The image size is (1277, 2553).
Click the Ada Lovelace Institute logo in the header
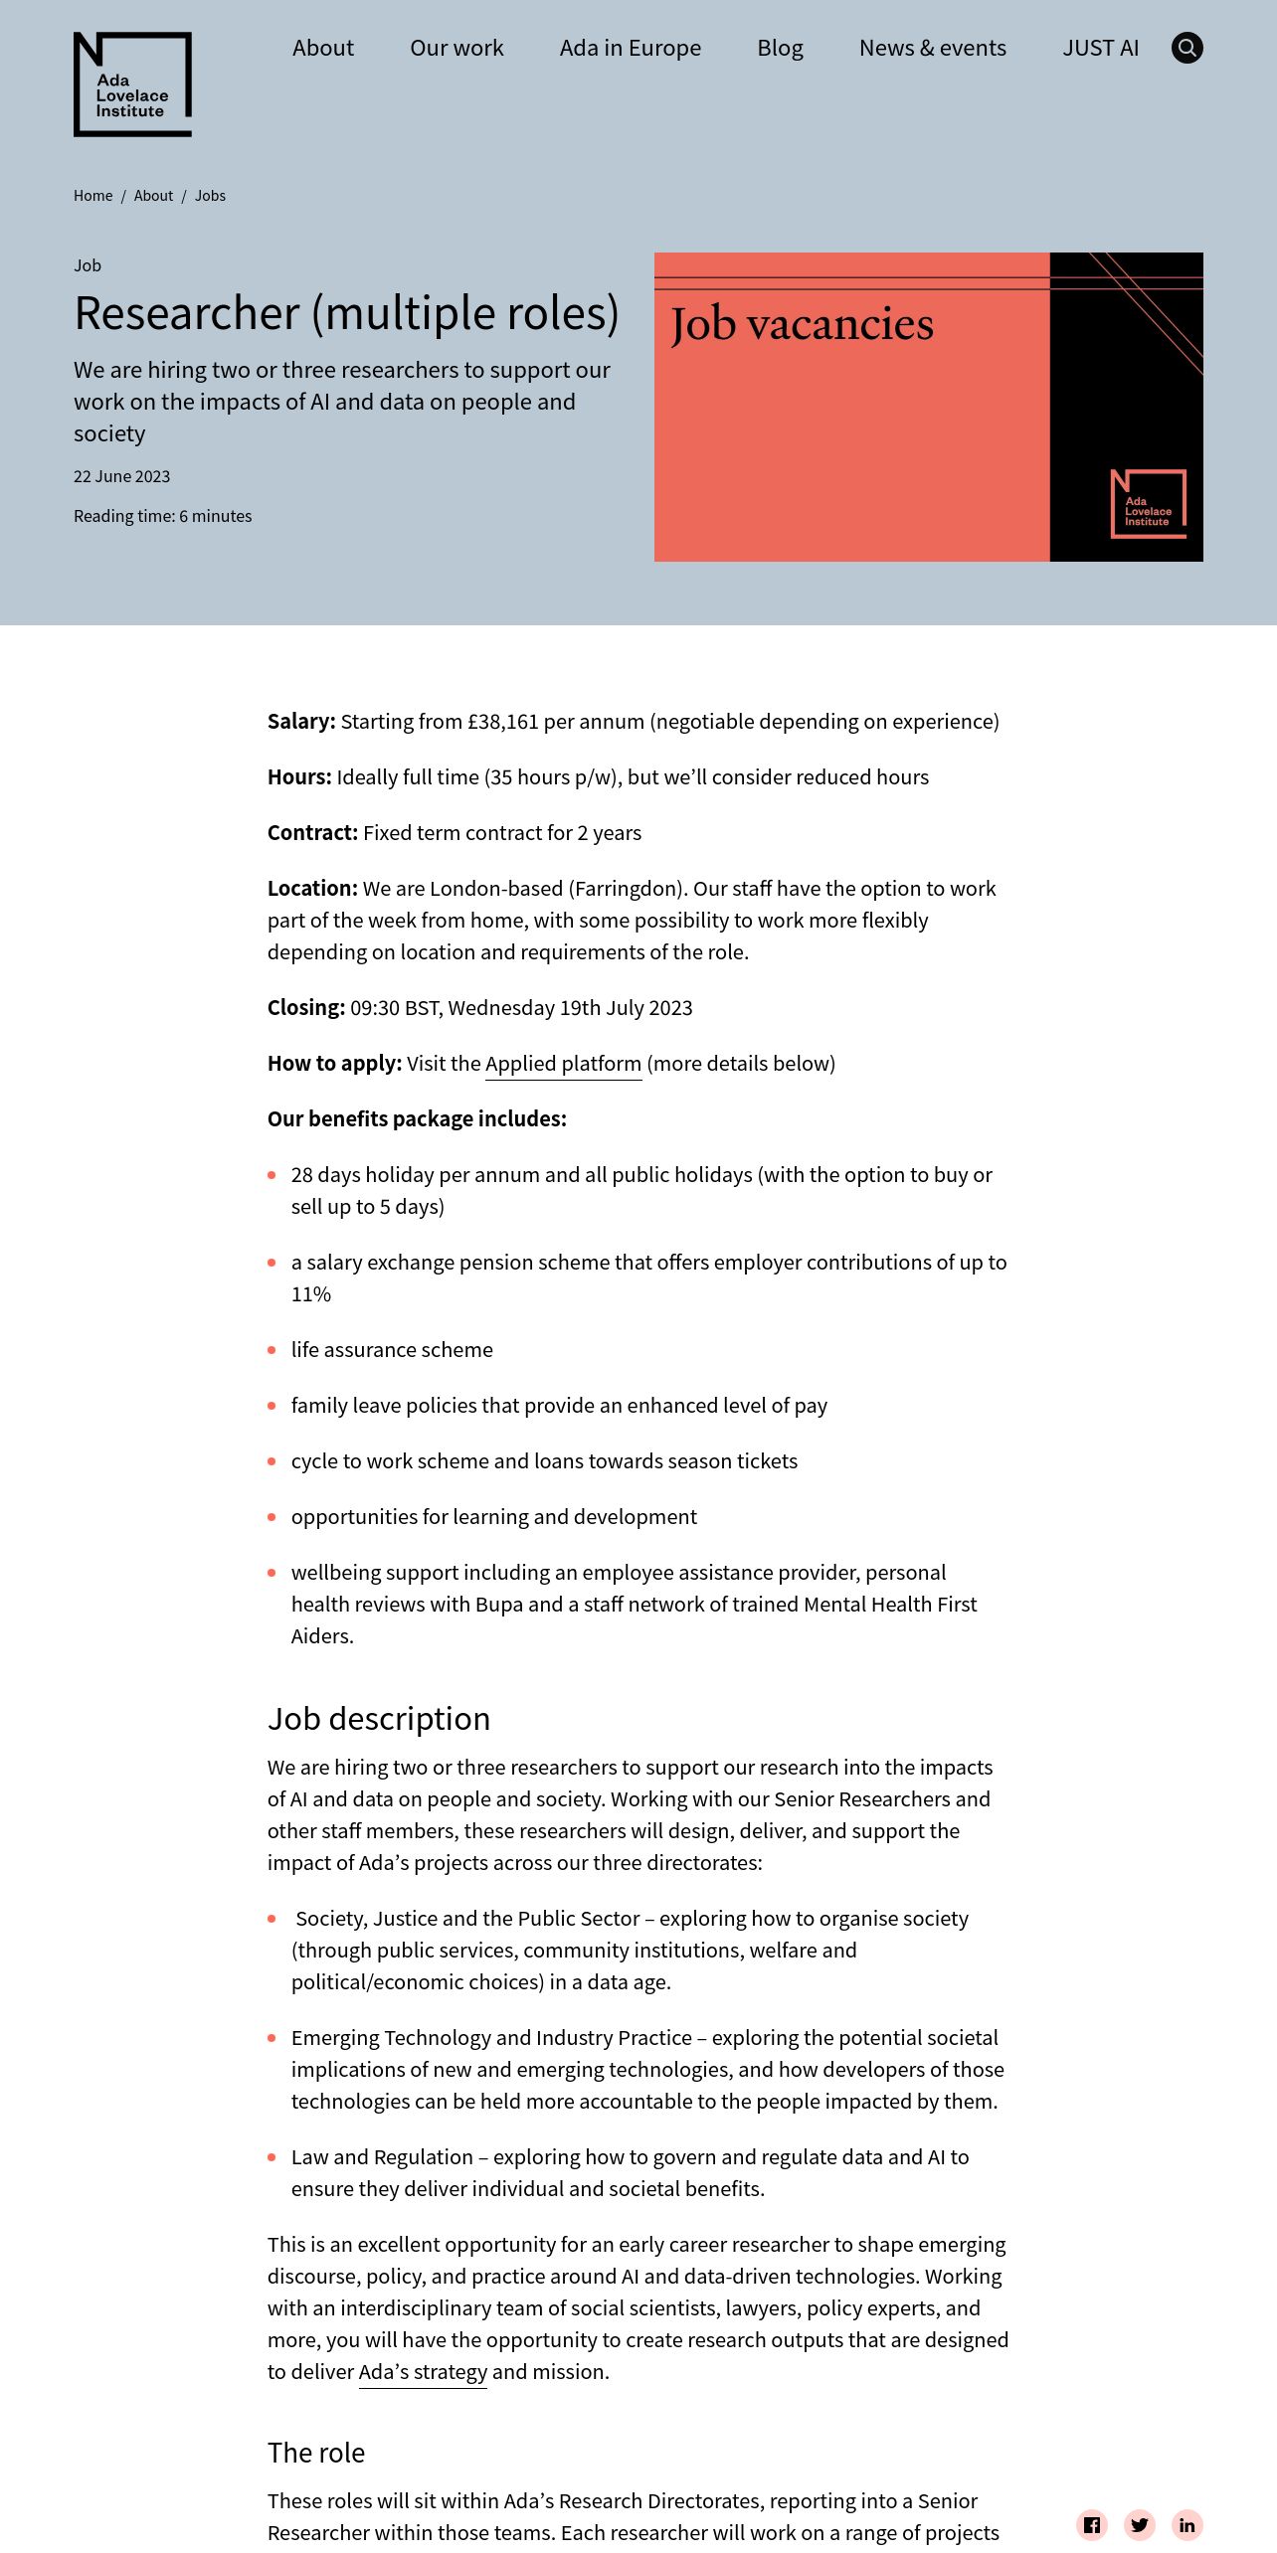click(132, 85)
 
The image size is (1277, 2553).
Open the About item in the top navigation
click(323, 48)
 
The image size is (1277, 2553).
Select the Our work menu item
click(456, 48)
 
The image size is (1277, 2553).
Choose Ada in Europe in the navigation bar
click(630, 48)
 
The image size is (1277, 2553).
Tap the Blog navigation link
click(780, 48)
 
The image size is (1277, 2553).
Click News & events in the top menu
click(932, 48)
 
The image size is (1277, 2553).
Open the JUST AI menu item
click(1100, 48)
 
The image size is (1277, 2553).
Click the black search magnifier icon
click(1186, 48)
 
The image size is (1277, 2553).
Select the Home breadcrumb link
click(92, 196)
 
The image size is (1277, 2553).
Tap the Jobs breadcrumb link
click(210, 196)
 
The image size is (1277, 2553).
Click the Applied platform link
click(563, 1064)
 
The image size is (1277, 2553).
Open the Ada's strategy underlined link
click(423, 2372)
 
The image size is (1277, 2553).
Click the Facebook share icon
click(1092, 2524)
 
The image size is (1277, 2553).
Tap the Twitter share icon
click(1140, 2524)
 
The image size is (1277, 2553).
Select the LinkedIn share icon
click(1187, 2524)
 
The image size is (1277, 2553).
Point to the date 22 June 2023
click(121, 476)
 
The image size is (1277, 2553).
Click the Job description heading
click(378, 1719)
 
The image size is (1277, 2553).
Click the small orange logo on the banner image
click(1148, 504)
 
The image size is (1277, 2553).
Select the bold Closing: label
click(305, 1008)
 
